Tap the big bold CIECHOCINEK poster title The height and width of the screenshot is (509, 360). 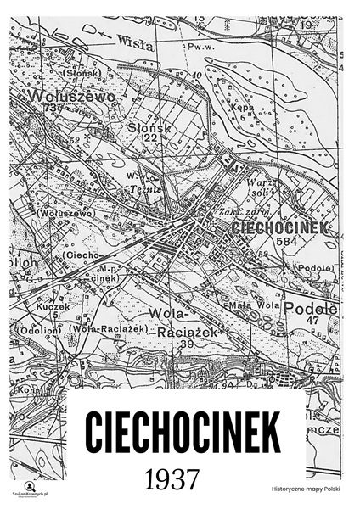[x=183, y=433]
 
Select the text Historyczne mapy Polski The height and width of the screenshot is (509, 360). [x=303, y=489]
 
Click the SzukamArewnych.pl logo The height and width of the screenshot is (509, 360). [x=31, y=484]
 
